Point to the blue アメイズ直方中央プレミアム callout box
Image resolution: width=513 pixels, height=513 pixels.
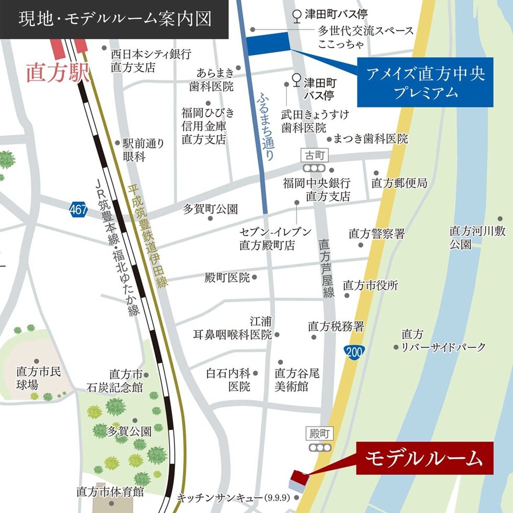425,82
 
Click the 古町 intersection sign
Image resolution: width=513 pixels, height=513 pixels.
314,155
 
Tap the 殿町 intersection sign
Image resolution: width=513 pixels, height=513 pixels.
319,433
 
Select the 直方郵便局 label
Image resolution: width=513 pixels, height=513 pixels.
399,183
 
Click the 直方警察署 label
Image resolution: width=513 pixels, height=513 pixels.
376,234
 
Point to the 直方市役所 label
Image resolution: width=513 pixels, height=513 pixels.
370,285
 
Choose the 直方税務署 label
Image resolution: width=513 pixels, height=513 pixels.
336,327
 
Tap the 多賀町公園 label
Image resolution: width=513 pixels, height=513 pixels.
210,209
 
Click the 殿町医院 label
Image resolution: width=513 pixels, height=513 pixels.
227,278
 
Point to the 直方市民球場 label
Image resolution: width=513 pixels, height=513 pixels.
38,378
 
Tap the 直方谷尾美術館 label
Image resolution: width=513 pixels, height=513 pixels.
297,380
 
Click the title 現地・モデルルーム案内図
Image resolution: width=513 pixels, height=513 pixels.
115,19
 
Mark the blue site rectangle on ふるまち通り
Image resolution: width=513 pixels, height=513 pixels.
267,43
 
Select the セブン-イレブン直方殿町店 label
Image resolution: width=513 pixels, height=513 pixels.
275,238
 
